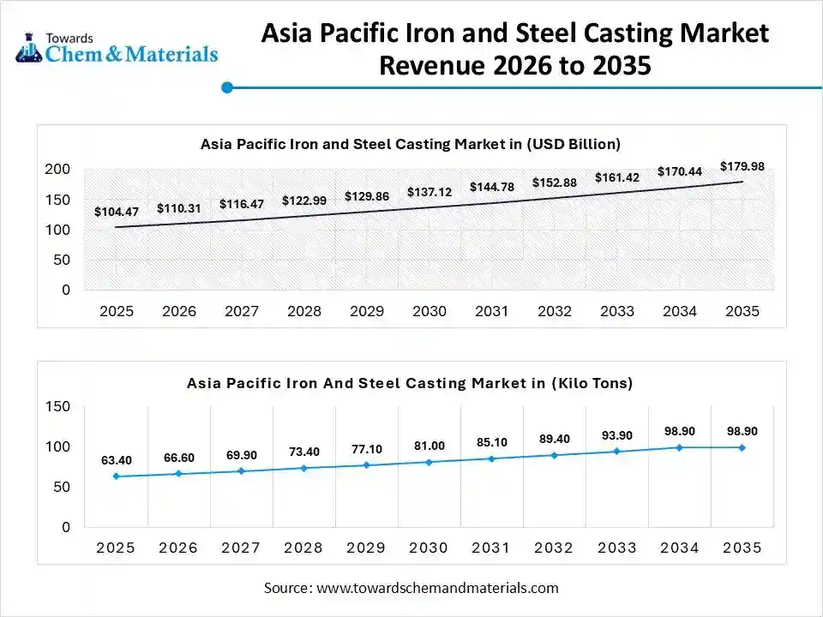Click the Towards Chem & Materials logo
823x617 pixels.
coord(117,48)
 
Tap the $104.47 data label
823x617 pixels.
coord(116,212)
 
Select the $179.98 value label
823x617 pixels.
coord(742,166)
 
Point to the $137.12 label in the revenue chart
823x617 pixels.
coord(430,192)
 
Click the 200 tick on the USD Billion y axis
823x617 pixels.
coord(57,170)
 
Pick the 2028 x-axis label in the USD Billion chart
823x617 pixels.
coord(304,311)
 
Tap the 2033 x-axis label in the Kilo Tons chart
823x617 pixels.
coord(617,548)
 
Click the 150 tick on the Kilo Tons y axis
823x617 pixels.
coord(57,406)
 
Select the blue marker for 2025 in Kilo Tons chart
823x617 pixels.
coord(116,476)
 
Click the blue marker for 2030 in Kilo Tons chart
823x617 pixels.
coord(430,462)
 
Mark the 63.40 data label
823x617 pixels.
coord(116,461)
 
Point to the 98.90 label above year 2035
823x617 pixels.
coord(742,431)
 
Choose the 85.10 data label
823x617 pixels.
coord(492,443)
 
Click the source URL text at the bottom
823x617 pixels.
coord(411,588)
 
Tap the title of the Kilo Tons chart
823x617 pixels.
coord(410,383)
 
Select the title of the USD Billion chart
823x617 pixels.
coord(410,144)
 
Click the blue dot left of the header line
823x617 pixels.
coord(227,87)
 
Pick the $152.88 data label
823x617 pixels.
coord(555,183)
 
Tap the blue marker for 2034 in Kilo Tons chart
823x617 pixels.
coord(680,447)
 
